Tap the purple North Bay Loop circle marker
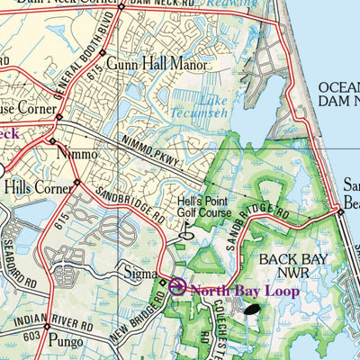coord(176,288)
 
